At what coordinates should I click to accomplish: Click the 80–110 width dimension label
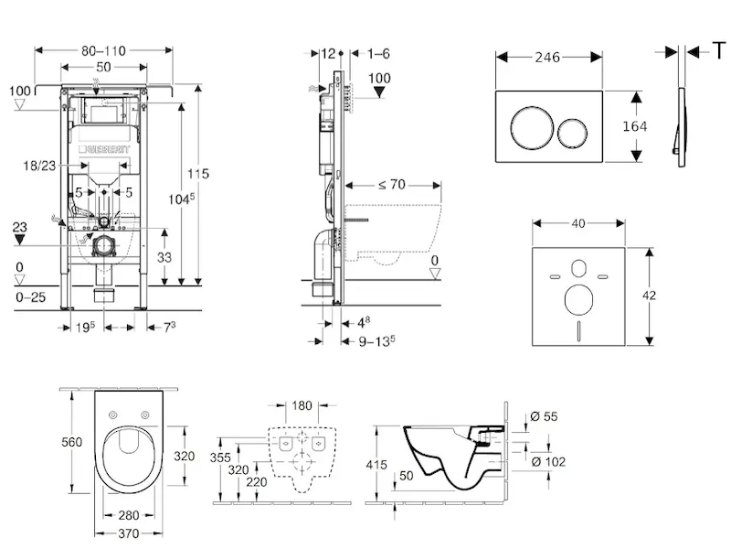103,49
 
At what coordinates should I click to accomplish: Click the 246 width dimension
548,57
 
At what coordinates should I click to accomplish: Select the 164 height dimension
634,126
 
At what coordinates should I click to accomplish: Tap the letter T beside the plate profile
718,50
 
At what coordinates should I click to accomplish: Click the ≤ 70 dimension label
391,185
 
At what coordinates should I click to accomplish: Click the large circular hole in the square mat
578,300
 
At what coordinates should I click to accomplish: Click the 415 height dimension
377,466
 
